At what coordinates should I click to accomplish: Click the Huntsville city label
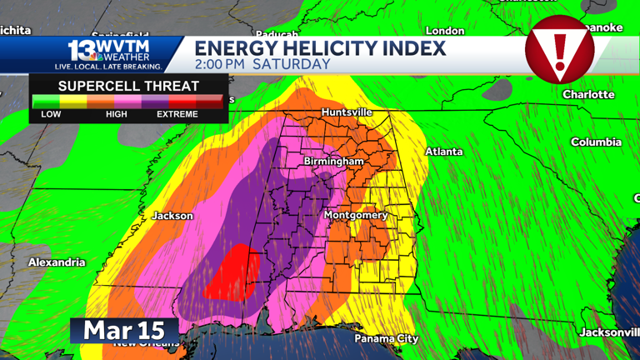point(347,112)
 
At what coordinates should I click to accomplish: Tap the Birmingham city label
point(333,161)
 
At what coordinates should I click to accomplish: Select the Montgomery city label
point(356,215)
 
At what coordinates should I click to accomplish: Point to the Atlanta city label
point(444,152)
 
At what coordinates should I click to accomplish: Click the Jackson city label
point(172,216)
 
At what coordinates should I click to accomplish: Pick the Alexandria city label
point(57,262)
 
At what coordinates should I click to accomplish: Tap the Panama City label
point(387,338)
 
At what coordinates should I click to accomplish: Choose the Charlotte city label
point(588,94)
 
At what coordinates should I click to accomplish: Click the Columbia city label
point(596,142)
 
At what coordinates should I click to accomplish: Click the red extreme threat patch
point(232,273)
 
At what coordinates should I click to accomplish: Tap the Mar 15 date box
point(123,330)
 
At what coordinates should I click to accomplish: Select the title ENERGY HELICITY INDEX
point(321,47)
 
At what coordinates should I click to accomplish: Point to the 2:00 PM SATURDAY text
point(262,64)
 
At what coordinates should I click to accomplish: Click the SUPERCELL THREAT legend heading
point(128,86)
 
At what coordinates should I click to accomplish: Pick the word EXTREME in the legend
point(177,114)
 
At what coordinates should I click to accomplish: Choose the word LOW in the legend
point(51,114)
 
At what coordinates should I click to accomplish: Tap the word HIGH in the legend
point(117,114)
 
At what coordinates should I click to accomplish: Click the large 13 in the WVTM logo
point(82,49)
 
